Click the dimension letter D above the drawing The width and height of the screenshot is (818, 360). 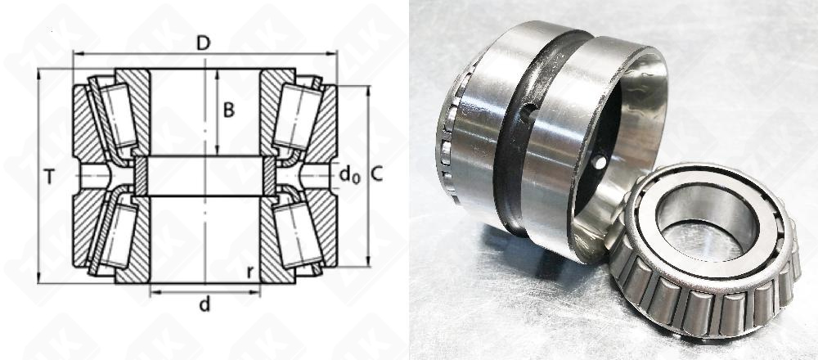[x=204, y=43]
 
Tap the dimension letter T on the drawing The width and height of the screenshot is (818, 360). [x=49, y=178]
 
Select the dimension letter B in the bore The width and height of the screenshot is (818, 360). [x=229, y=110]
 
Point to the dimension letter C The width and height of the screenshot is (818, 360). [x=376, y=175]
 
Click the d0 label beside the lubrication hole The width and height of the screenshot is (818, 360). [x=349, y=175]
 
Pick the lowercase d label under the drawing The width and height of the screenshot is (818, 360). [x=204, y=304]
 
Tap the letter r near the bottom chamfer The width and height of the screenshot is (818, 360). [x=251, y=272]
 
